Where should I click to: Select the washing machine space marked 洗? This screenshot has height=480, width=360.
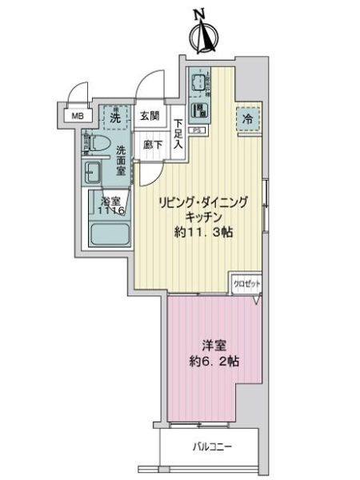[115, 117]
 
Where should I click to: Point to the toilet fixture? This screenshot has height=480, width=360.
[96, 145]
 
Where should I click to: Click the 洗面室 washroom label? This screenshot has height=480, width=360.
[121, 159]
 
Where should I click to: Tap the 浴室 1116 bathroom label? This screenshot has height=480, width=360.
[111, 206]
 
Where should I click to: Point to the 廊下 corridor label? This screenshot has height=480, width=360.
[153, 145]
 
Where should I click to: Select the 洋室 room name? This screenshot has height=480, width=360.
[211, 345]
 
